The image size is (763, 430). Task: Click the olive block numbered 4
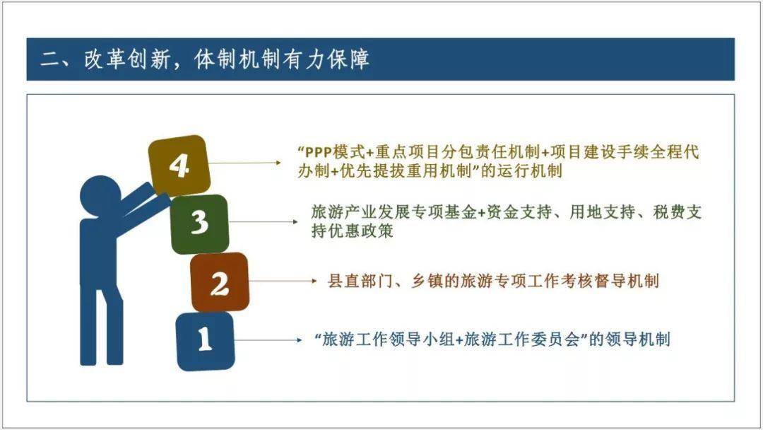click(179, 165)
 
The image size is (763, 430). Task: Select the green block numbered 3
click(199, 223)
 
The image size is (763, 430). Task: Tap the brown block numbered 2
click(220, 282)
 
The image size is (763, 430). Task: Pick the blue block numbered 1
click(205, 341)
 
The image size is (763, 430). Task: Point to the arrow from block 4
click(245, 163)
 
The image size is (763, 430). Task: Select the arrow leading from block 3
click(263, 222)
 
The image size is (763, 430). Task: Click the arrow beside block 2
click(283, 281)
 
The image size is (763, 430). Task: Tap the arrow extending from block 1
click(268, 340)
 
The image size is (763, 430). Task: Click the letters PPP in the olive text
click(318, 153)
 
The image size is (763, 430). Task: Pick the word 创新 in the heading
click(149, 59)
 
